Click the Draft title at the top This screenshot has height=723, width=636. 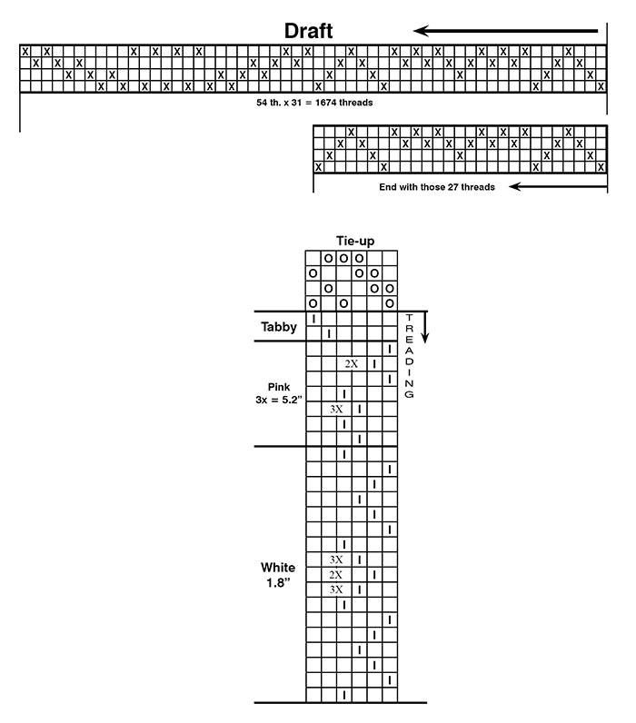tap(308, 31)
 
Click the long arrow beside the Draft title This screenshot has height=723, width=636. tap(505, 31)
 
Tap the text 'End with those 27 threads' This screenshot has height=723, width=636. tap(437, 187)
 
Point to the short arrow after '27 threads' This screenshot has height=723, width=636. tap(558, 186)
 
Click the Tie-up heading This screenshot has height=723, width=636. tap(355, 241)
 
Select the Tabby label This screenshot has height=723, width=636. tap(279, 327)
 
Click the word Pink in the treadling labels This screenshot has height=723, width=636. tap(279, 387)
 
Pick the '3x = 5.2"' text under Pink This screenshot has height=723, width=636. tap(279, 400)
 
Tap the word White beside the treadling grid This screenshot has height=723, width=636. tap(278, 567)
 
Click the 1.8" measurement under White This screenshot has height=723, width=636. tap(278, 583)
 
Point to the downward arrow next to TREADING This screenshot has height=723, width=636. tap(425, 327)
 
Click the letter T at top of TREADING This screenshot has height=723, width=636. tap(409, 318)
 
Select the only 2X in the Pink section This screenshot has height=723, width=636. tap(352, 364)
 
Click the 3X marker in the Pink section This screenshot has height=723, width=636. tap(336, 409)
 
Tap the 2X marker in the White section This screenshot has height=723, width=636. tap(336, 575)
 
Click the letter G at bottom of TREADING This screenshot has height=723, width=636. tap(409, 395)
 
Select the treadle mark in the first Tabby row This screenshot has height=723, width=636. tap(313, 319)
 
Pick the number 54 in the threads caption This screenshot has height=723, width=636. tap(262, 103)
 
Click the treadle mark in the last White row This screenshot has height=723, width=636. tap(344, 695)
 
